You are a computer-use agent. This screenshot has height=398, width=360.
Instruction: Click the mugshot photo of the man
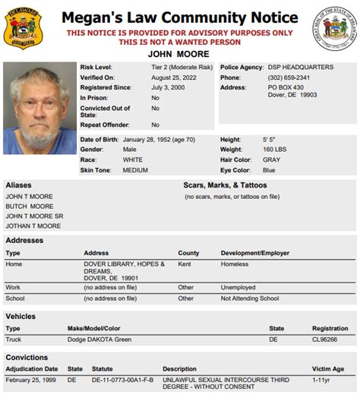coord(39,109)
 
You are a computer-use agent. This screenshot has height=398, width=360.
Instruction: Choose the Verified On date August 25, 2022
coord(172,77)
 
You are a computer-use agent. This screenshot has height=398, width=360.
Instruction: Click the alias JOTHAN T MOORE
coord(33,226)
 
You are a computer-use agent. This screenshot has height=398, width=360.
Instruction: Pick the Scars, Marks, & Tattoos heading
coord(226,185)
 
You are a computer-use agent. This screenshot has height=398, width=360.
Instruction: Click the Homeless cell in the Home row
coord(234,264)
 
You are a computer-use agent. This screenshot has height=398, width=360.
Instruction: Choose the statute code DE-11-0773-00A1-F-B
coord(122,379)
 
